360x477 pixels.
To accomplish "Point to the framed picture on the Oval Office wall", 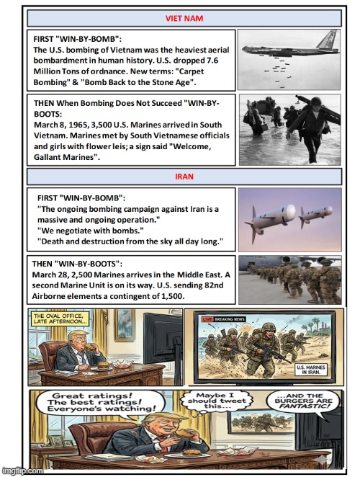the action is tap(124, 325).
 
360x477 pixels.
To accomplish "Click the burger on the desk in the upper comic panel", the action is tap(103, 366).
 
